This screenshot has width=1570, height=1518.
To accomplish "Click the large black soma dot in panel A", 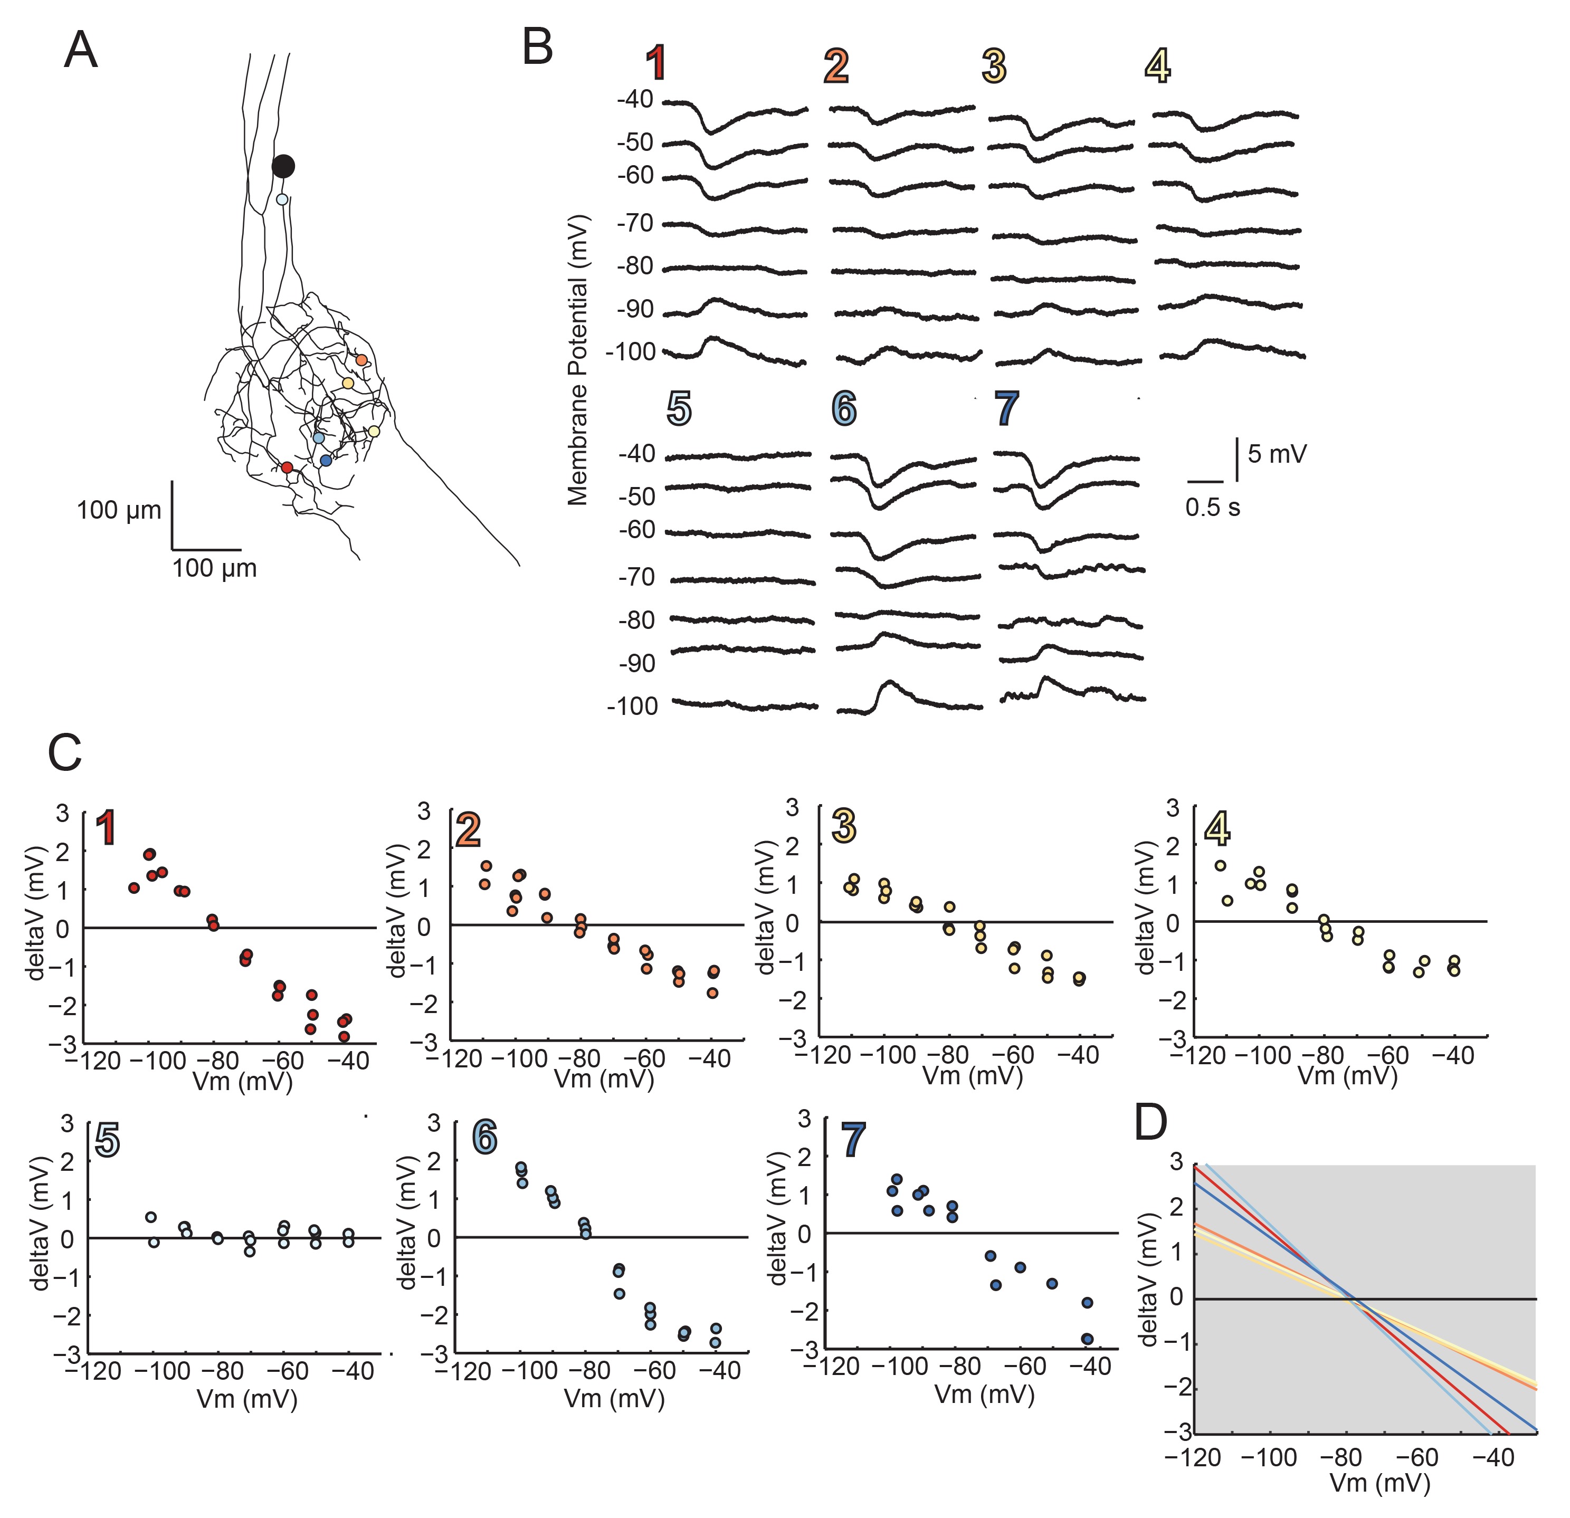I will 283,167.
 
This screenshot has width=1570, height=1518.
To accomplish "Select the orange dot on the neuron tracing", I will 361,360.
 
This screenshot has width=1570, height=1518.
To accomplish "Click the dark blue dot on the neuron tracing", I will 325,461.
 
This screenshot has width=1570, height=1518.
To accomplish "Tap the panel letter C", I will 65,753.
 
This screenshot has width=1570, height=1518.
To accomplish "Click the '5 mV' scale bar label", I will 1277,454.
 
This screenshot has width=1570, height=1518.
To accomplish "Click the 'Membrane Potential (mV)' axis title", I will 577,360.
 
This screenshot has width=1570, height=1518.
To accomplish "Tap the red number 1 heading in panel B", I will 657,64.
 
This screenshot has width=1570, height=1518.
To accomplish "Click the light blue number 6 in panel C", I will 484,1136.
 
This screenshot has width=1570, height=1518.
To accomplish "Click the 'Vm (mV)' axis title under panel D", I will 1380,1483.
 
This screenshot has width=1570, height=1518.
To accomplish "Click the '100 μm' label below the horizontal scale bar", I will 215,569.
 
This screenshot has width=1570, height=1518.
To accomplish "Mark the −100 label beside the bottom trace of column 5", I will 632,706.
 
